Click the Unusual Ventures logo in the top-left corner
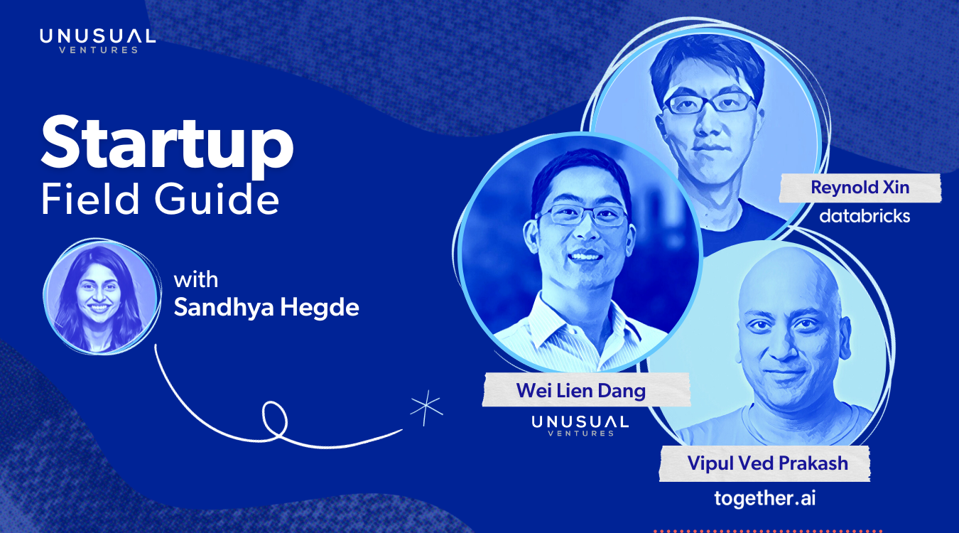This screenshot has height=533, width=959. pos(97,41)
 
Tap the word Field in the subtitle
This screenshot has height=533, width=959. pos(90,198)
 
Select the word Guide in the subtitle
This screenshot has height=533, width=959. pos(217,198)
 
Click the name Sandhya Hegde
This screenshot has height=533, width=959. pos(266,308)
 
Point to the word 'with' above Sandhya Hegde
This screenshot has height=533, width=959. pos(195,280)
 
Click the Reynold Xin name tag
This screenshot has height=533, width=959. pos(860,188)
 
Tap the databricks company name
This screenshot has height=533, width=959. pos(865,216)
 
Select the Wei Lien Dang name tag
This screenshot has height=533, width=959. pos(585,390)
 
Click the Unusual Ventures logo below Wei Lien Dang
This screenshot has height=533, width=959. pos(580,426)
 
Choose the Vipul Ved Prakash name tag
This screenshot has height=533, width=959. pos(764,463)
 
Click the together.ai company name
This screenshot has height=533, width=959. pos(764,499)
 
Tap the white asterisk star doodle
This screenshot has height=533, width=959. pos(426,407)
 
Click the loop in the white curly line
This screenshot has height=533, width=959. pos(274,420)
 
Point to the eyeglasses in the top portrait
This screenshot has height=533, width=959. pos(709,103)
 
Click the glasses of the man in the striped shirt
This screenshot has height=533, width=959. pos(584,215)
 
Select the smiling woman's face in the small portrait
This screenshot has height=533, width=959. pos(97,291)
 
